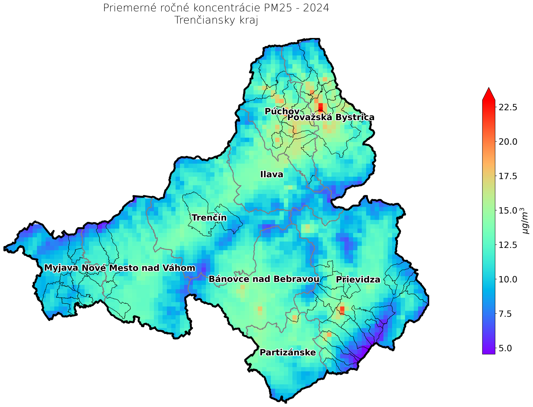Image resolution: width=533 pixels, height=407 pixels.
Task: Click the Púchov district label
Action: pos(282,111)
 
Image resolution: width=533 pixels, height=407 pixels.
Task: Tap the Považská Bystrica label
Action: pos(331,117)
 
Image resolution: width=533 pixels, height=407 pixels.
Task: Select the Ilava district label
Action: pos(272,175)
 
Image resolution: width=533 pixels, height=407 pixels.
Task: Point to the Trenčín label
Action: pos(209,218)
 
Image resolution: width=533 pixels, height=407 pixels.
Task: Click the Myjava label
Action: pos(61,268)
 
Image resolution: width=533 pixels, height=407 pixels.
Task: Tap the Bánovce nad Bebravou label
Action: pos(264,279)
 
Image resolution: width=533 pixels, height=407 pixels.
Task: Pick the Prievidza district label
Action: pos(358,280)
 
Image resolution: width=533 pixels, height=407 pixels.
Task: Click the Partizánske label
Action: pos(288,352)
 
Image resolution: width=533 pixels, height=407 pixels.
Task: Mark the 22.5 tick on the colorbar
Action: pos(508,107)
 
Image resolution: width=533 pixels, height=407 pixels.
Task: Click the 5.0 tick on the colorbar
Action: pos(506,348)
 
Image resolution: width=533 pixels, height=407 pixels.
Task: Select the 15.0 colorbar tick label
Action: pos(508,210)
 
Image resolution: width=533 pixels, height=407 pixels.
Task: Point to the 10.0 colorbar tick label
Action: pos(508,279)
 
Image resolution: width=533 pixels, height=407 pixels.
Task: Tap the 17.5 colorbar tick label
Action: pos(508,176)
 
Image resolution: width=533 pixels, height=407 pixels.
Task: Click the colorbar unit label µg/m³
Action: pos(526,220)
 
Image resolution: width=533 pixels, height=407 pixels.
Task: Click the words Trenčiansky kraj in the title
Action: pos(216,20)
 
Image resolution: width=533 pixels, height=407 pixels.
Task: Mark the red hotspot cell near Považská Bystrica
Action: pos(320,106)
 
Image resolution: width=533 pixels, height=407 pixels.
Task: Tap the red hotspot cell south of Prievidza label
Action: pos(342,310)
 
